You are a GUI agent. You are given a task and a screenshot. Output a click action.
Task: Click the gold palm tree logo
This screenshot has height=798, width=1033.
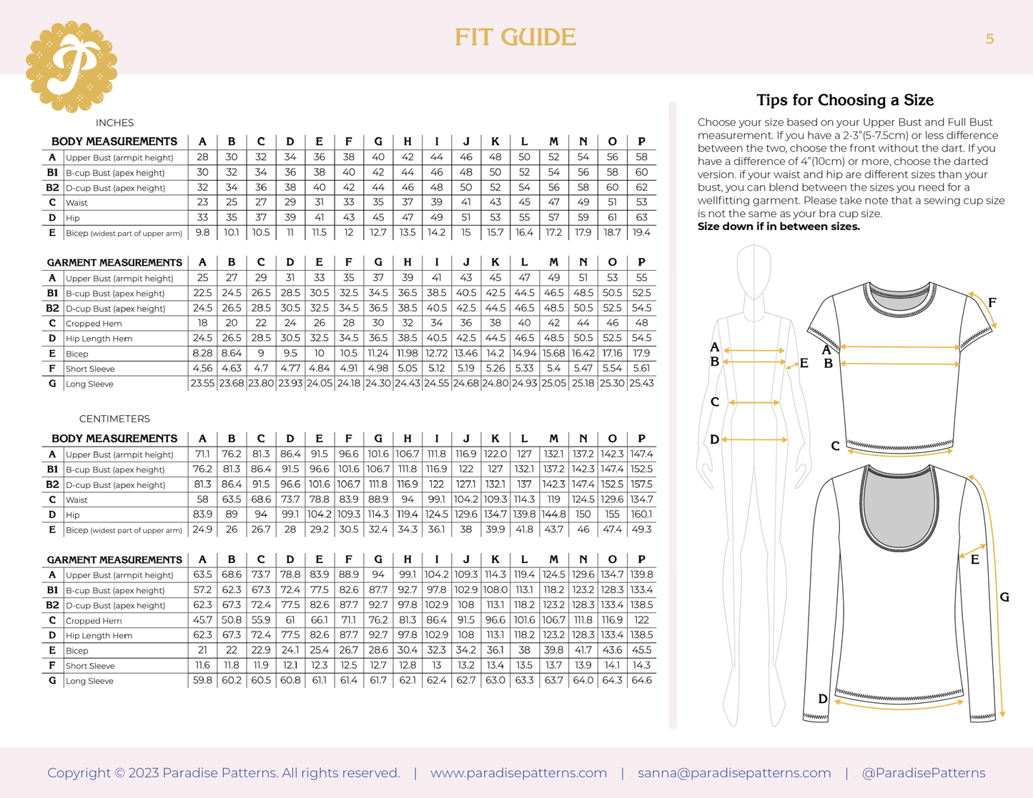point(71,66)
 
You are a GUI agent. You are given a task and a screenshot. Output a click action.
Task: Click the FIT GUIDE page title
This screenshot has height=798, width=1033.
point(515,37)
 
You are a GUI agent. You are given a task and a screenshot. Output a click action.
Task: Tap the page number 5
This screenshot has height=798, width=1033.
point(989,39)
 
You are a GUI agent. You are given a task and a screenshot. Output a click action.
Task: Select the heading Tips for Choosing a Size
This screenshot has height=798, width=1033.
point(844,100)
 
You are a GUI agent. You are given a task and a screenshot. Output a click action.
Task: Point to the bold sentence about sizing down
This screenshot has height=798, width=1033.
point(779,226)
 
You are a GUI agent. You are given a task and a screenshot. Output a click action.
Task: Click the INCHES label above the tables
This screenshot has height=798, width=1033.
point(114,123)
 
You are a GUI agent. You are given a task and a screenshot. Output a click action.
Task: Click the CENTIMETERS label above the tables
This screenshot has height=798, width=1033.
point(114,419)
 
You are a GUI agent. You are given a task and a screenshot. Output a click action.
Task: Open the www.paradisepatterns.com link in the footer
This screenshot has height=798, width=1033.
point(518,773)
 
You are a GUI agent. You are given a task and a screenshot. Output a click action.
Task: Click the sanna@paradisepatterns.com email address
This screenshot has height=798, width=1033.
point(734,773)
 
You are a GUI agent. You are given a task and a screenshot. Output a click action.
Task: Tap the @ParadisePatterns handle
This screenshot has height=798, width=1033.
point(923,773)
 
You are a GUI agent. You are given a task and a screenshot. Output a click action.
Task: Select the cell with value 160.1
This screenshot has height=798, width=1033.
point(641,514)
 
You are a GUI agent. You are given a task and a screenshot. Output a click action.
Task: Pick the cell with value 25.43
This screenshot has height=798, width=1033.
point(641,384)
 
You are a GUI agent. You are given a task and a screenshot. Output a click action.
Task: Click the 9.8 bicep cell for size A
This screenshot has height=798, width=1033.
point(202,233)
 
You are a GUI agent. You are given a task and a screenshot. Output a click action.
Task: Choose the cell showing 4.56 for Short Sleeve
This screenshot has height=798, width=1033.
point(202,369)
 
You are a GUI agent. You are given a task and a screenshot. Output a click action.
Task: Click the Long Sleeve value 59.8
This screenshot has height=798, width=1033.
point(202,681)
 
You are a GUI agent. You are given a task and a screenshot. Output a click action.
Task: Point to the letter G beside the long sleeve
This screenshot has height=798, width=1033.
point(1004,597)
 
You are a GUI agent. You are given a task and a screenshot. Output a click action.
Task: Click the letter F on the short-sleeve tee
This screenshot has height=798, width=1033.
point(992,303)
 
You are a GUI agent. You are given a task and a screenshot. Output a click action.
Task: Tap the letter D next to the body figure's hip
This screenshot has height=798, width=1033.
point(714,440)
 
